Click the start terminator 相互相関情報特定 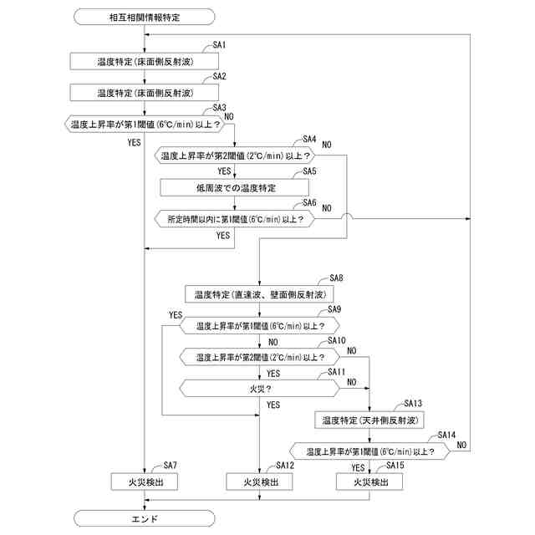pos(145,16)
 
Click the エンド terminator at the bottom pos(145,518)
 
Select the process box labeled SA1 pos(145,61)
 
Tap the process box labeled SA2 pos(145,92)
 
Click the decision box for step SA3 pos(145,125)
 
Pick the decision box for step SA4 pos(235,155)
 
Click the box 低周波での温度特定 pos(235,187)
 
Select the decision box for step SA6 pos(235,218)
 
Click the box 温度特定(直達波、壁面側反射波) pos(259,294)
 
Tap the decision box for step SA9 pos(259,326)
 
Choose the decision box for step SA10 pos(259,357)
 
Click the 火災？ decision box pos(259,388)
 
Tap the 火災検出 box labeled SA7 pos(145,481)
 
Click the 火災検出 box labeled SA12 pos(259,481)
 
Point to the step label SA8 pos(337,277)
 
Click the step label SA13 pos(413,402)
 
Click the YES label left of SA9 pos(175,314)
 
